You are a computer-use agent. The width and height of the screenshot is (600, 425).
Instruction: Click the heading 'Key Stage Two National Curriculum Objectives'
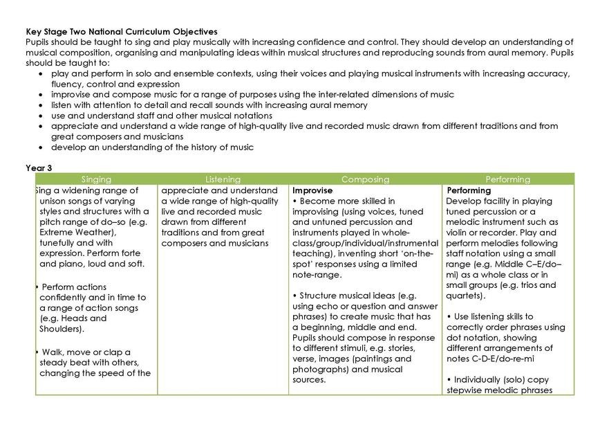121,32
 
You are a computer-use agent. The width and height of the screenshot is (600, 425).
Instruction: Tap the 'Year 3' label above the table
39,168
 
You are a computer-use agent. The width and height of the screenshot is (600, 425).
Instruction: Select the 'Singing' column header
95,179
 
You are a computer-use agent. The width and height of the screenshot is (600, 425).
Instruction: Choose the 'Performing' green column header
508,179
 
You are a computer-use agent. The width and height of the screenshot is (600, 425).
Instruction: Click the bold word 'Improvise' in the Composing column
312,190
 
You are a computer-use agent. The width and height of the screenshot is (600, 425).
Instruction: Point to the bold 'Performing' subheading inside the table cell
469,190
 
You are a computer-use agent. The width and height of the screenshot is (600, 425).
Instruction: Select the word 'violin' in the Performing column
460,233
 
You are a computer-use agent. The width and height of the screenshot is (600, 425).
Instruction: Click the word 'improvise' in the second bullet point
71,95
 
